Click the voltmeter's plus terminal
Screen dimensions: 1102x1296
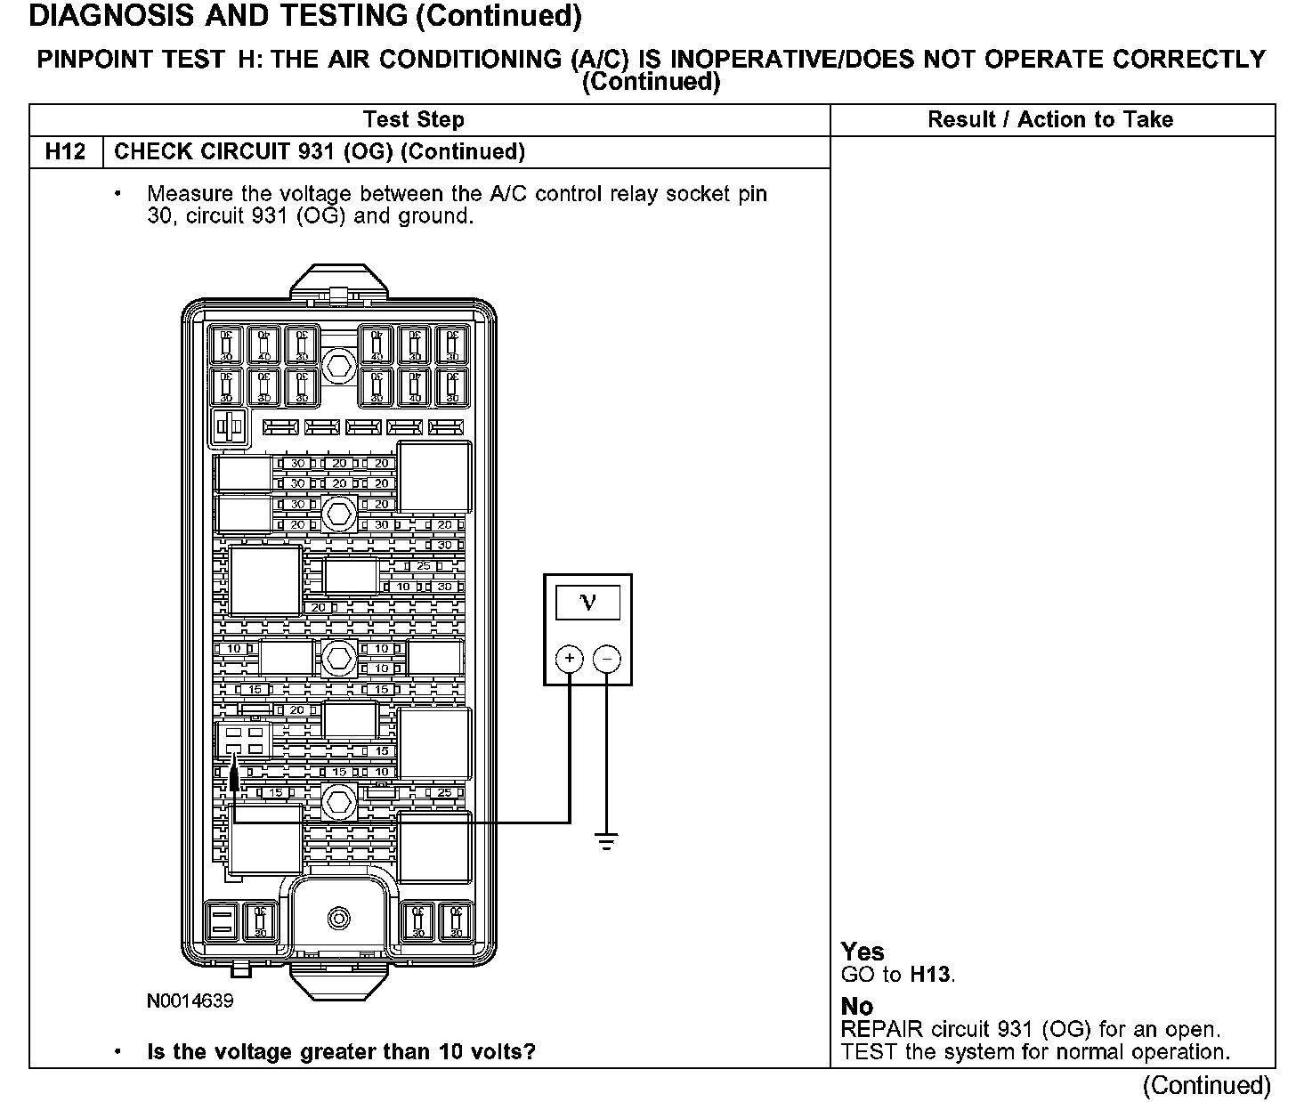570,659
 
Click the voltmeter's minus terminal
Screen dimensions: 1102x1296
607,659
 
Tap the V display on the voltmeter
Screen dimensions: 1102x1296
587,603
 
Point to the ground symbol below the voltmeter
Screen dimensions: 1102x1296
607,841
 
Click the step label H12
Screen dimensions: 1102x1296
66,151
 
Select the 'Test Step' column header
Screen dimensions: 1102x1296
413,120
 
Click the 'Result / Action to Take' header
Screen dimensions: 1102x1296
1050,120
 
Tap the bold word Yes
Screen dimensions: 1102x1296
863,952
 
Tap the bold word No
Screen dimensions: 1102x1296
857,1007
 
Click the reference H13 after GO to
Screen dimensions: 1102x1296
931,975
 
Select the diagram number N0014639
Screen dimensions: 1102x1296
190,1001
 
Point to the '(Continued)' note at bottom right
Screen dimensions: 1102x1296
1207,1085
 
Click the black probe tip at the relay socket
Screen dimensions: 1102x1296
234,780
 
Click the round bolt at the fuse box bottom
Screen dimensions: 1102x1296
338,919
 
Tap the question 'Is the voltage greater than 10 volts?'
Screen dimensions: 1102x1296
341,1052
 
